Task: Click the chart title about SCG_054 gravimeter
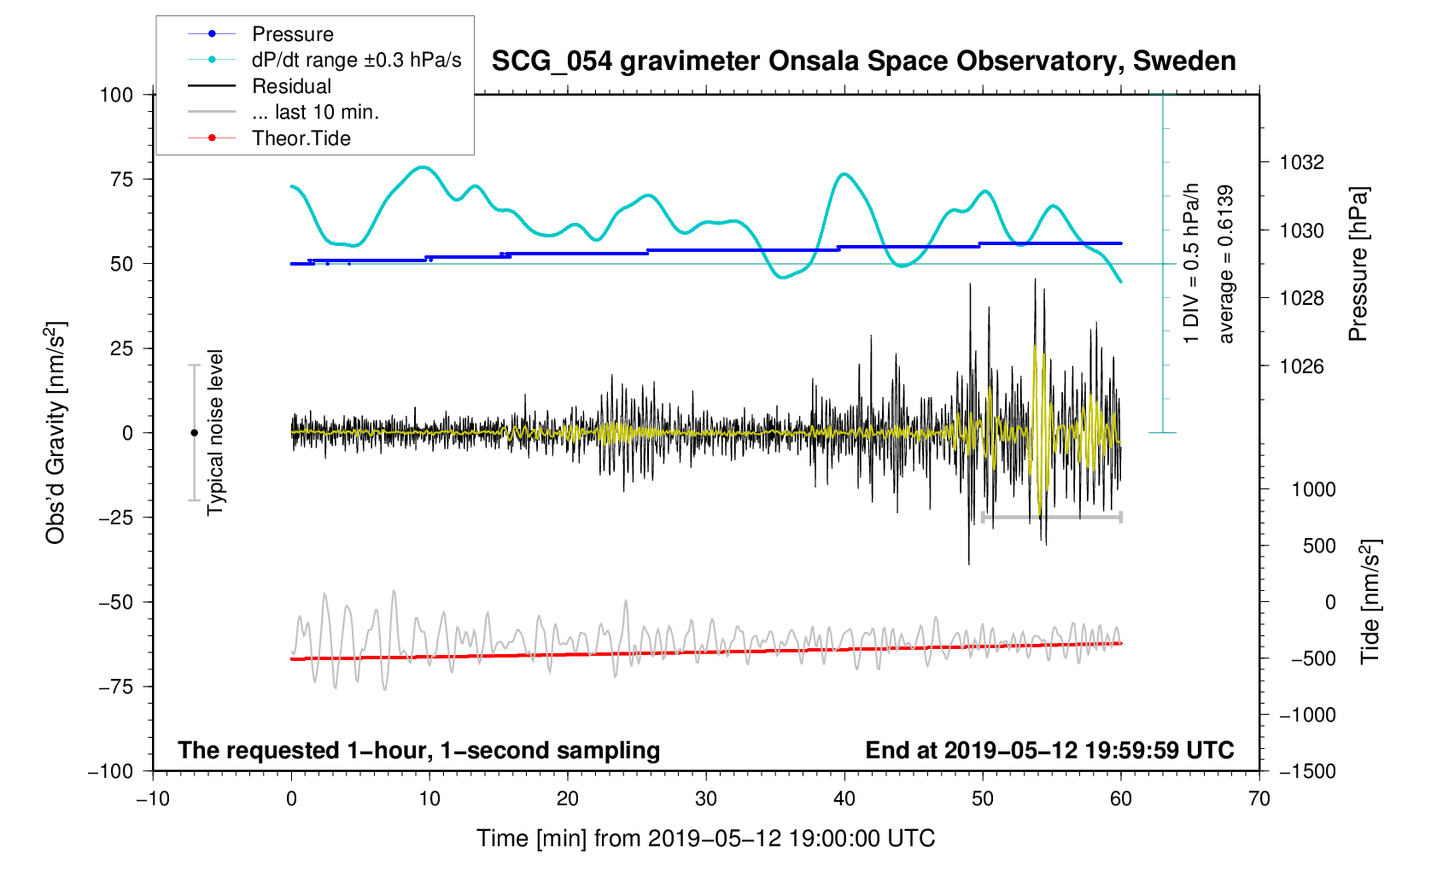(x=863, y=61)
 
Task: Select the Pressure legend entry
(x=292, y=34)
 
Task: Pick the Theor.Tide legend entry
(x=301, y=138)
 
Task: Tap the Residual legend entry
(x=291, y=86)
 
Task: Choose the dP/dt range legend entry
(x=356, y=60)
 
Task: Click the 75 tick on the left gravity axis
(x=121, y=179)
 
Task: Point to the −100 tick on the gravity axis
(x=110, y=771)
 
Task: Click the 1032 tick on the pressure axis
(x=1302, y=162)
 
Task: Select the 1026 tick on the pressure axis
(x=1302, y=366)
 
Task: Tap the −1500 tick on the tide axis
(x=1307, y=771)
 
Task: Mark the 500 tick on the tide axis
(x=1319, y=546)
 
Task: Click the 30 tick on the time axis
(x=706, y=799)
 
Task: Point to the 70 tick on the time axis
(x=1259, y=799)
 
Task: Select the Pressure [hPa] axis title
(x=1358, y=265)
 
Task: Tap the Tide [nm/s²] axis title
(x=1370, y=602)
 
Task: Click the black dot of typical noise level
(x=194, y=433)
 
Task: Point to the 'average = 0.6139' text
(x=1226, y=265)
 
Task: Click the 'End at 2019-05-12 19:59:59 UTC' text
(x=1049, y=751)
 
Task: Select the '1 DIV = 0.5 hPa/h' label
(x=1191, y=263)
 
